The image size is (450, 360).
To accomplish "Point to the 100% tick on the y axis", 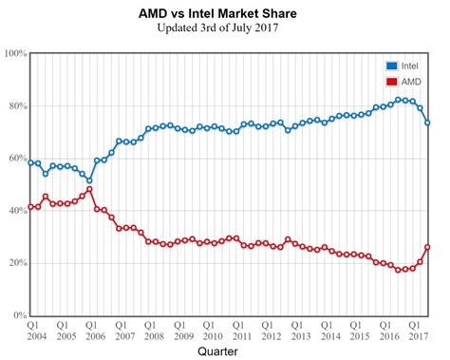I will (14, 53).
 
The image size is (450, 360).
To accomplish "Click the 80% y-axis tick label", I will (16, 105).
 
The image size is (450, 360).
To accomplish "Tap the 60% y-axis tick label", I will (16, 158).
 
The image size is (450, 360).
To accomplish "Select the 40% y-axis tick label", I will (16, 211).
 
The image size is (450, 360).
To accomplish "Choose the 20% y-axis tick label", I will (16, 263).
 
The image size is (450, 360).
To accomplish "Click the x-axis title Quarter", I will (225, 351).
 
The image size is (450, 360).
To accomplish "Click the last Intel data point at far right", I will (427, 123).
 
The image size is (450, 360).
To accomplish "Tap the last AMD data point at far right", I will (427, 247).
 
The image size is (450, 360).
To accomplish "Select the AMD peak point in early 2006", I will (89, 189).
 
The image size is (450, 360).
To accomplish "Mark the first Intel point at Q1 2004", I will (31, 162).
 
